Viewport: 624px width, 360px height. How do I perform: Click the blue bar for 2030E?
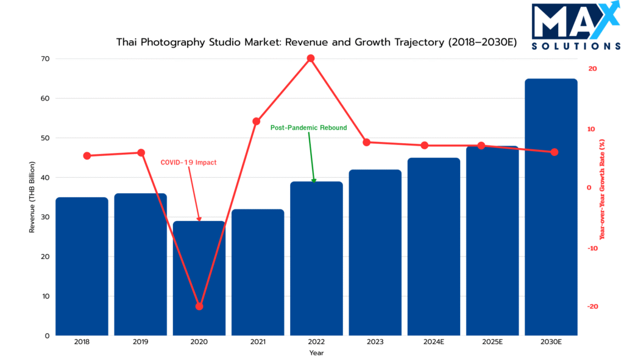pos(551,207)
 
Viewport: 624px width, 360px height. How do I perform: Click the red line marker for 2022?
pos(311,58)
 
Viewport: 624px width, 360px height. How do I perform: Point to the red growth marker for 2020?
pos(199,306)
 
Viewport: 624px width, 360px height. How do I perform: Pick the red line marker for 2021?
pos(257,122)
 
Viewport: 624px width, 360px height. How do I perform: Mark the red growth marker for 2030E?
pos(555,152)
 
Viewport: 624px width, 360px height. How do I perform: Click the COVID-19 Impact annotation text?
pos(188,163)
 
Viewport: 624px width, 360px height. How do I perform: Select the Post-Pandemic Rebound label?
pos(308,128)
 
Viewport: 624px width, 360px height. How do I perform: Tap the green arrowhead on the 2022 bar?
pos(314,180)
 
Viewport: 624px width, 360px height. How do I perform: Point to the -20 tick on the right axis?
pos(592,306)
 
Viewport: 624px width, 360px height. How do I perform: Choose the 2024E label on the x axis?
pos(433,343)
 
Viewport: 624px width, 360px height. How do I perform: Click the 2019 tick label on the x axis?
pos(140,343)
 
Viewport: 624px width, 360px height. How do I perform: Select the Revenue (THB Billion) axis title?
pos(32,197)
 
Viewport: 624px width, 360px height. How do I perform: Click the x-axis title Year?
pos(316,353)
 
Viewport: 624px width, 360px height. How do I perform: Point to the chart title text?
pos(316,43)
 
